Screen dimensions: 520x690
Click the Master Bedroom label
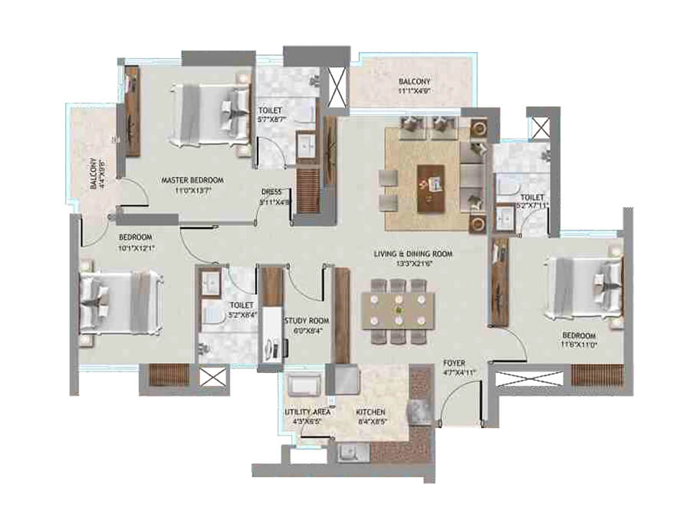[x=192, y=180]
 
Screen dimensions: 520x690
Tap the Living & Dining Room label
[x=413, y=253]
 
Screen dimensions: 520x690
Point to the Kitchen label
[x=371, y=411]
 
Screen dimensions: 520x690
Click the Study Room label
[x=306, y=321]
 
